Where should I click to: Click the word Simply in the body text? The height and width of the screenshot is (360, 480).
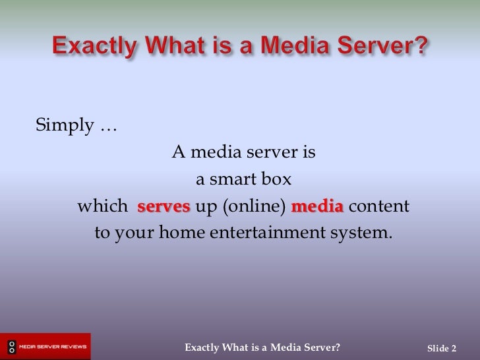click(64, 125)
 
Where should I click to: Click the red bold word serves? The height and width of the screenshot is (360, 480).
click(164, 206)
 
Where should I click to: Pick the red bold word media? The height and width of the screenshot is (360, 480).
click(317, 206)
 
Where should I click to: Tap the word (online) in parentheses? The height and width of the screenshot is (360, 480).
click(254, 207)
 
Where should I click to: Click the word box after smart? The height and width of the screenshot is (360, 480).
click(277, 179)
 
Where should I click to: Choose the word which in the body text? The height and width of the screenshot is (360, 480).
click(103, 206)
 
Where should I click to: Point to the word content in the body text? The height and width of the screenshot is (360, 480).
click(379, 206)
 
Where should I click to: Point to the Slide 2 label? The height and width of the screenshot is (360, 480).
click(442, 348)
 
